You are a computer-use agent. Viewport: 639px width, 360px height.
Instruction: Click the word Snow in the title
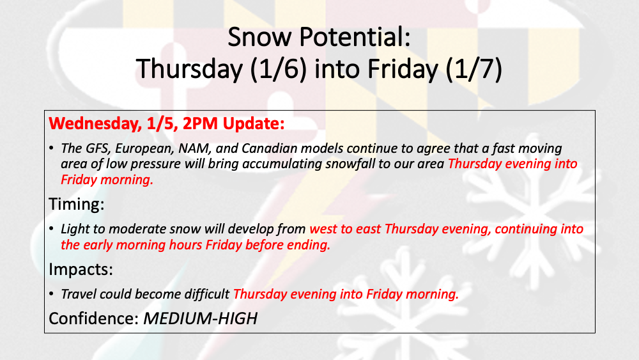click(259, 36)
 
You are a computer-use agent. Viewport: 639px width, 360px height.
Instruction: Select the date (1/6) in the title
click(279, 68)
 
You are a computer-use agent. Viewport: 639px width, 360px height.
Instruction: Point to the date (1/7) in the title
click(474, 68)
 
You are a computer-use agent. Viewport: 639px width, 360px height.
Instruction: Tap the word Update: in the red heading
click(254, 124)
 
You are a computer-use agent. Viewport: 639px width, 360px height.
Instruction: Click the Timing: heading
click(77, 204)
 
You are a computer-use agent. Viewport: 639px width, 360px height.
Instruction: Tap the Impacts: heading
click(81, 269)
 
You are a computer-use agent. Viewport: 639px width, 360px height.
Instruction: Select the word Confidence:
click(94, 318)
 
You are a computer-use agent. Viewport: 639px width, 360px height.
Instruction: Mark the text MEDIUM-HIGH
click(200, 318)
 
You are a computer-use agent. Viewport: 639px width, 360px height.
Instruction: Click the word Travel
click(78, 294)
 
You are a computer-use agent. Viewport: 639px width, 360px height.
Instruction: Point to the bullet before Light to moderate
click(51, 229)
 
